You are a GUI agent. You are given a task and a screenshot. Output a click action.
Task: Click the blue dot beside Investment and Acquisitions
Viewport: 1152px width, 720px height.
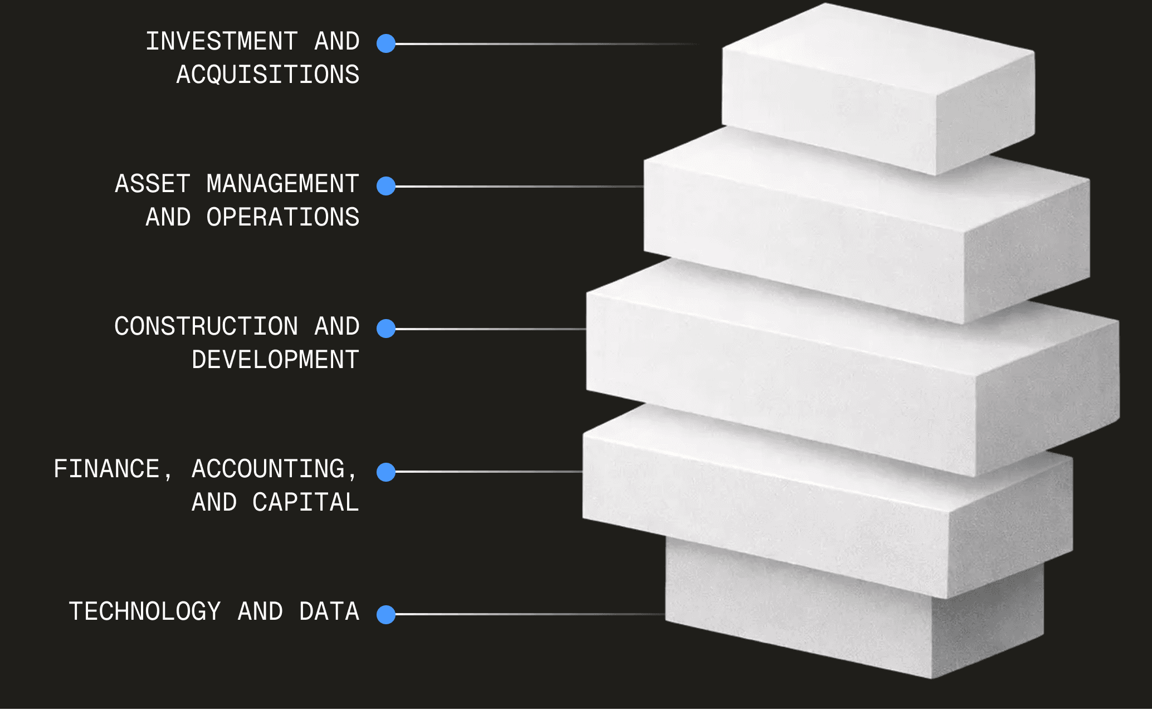(x=386, y=43)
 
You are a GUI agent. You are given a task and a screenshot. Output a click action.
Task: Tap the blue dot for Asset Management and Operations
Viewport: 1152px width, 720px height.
(x=386, y=186)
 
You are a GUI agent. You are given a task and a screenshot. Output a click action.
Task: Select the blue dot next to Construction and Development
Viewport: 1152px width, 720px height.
(x=386, y=329)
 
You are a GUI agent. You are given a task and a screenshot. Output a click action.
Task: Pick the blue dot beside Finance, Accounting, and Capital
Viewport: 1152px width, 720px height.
(x=386, y=472)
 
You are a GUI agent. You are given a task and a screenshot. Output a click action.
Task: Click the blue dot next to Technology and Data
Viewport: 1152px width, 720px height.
(x=386, y=614)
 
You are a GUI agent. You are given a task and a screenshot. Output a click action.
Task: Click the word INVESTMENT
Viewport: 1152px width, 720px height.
(x=222, y=42)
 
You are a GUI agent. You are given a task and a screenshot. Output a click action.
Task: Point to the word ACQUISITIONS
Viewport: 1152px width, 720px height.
(x=268, y=75)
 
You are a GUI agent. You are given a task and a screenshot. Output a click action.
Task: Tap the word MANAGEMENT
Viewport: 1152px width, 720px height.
(x=282, y=184)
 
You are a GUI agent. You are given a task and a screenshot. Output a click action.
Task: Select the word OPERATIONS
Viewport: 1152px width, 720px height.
(x=282, y=218)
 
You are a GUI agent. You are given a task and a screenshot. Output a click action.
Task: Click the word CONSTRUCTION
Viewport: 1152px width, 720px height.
(x=206, y=327)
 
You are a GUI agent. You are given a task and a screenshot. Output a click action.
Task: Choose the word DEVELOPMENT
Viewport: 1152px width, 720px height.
(x=275, y=360)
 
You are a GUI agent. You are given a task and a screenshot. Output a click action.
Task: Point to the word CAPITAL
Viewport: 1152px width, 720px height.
(x=306, y=503)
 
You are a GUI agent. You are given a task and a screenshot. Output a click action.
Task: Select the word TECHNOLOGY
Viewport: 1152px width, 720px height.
(x=145, y=612)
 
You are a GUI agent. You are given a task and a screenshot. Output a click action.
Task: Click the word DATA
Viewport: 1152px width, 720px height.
(x=329, y=612)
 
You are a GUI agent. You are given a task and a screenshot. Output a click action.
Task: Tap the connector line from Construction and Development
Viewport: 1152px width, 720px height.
(x=490, y=329)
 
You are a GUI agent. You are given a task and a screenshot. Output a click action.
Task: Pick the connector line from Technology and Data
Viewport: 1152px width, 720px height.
(x=529, y=614)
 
